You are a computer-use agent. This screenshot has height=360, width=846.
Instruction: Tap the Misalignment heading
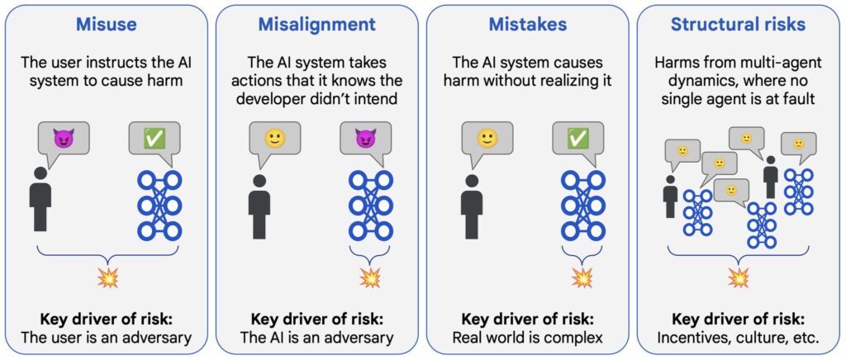(x=316, y=25)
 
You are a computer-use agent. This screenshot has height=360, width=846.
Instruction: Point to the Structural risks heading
(x=738, y=25)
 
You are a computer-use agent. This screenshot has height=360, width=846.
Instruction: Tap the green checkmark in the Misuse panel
(x=154, y=139)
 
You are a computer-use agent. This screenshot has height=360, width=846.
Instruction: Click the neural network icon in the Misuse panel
(x=159, y=206)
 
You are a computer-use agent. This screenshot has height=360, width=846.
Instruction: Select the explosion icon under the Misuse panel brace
(x=107, y=278)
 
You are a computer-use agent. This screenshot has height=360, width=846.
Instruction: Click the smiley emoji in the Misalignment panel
(x=274, y=139)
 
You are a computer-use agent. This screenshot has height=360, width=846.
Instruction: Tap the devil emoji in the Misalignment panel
(x=365, y=139)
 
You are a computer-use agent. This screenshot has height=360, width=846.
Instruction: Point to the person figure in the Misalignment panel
(x=259, y=206)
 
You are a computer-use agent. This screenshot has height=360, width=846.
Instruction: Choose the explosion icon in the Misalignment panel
(x=369, y=278)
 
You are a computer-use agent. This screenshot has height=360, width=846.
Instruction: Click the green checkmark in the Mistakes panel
(x=577, y=139)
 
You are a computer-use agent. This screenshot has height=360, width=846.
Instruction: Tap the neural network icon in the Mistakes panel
(x=582, y=206)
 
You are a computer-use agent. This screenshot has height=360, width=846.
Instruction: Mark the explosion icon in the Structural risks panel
(x=738, y=278)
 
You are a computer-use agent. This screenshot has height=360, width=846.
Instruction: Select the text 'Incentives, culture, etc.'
(x=738, y=337)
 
